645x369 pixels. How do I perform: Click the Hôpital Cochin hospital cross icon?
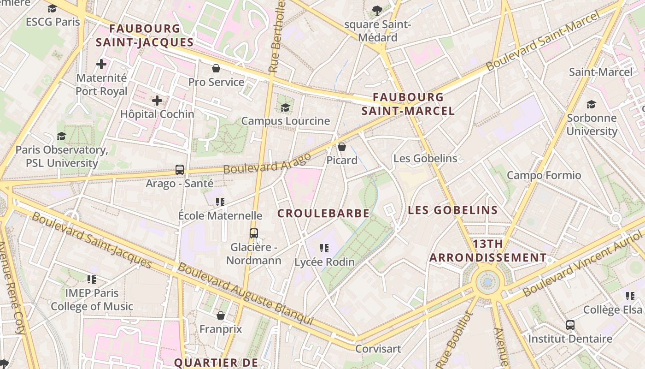coord(157,101)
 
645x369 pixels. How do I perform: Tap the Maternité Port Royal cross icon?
coord(101,64)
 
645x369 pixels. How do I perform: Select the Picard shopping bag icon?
coord(342,147)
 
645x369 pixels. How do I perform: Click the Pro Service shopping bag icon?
coord(216,69)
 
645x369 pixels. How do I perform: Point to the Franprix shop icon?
coord(221,315)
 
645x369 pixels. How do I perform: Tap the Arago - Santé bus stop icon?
coord(180,170)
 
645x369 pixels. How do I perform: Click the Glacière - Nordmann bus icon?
coord(254,233)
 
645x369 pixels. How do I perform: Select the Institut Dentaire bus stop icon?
coord(570,325)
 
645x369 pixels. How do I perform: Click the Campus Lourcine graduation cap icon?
coord(286,107)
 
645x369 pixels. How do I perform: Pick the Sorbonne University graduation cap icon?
coord(592,104)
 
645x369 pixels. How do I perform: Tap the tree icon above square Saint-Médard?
coord(377,10)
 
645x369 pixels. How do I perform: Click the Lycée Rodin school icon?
coord(324,248)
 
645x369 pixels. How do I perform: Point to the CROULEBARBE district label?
coord(323,213)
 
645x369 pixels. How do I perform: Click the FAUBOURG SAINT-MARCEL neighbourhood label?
coord(408,104)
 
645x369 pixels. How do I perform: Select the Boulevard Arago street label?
coord(267,163)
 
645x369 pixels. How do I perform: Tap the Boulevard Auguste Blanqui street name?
coord(245,294)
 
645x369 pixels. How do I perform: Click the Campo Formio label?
coord(544,175)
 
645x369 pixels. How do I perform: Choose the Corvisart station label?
coord(378,349)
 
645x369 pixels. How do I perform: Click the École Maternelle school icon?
coord(220,202)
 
